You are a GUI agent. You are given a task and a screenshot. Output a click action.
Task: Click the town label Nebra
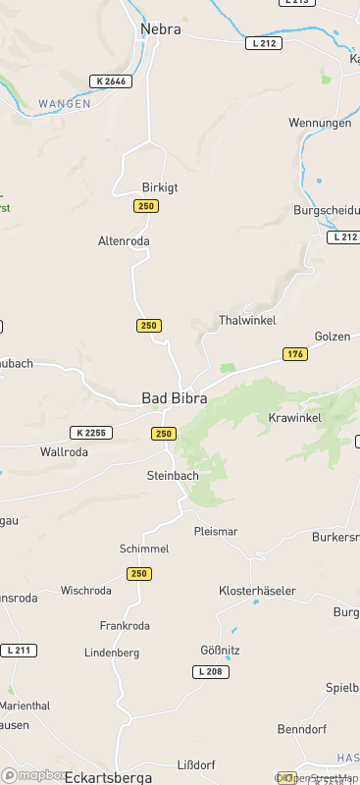[161, 29]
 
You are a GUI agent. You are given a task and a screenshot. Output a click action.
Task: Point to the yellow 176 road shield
[295, 353]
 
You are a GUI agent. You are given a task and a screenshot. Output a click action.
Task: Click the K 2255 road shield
[91, 433]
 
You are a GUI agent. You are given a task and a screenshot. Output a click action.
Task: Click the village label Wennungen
[319, 123]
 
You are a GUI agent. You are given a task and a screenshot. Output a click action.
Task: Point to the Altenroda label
[124, 240]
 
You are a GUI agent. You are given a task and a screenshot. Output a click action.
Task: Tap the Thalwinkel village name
[247, 321]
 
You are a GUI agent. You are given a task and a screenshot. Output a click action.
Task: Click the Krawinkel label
[294, 418]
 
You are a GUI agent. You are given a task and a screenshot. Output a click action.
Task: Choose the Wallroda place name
[64, 452]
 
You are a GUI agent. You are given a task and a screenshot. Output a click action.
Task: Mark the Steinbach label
[172, 476]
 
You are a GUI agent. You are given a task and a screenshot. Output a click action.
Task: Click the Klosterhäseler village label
[257, 591]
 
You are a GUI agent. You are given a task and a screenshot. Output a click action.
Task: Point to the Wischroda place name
[85, 591]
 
